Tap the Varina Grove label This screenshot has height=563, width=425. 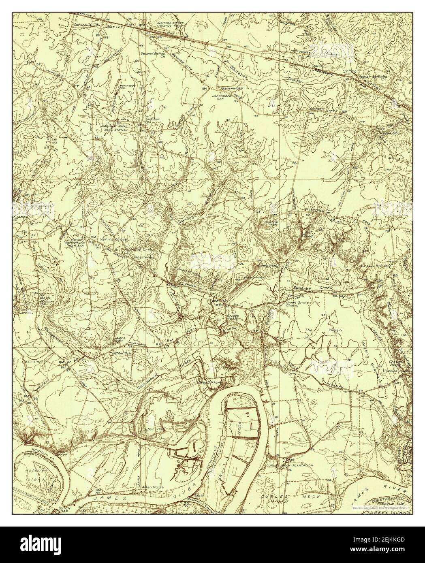tap(116, 240)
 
